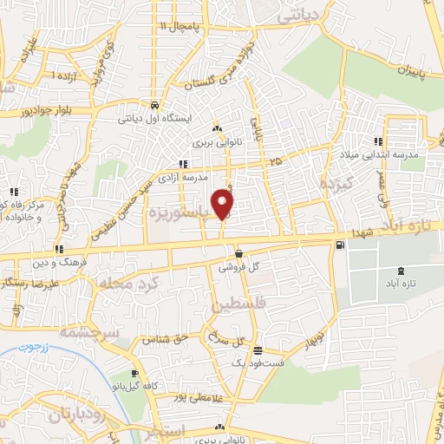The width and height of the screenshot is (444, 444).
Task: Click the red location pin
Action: click(224, 202)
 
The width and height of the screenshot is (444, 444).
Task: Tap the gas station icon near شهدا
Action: click(338, 245)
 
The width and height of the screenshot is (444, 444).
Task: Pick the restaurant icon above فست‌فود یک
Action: click(258, 350)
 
